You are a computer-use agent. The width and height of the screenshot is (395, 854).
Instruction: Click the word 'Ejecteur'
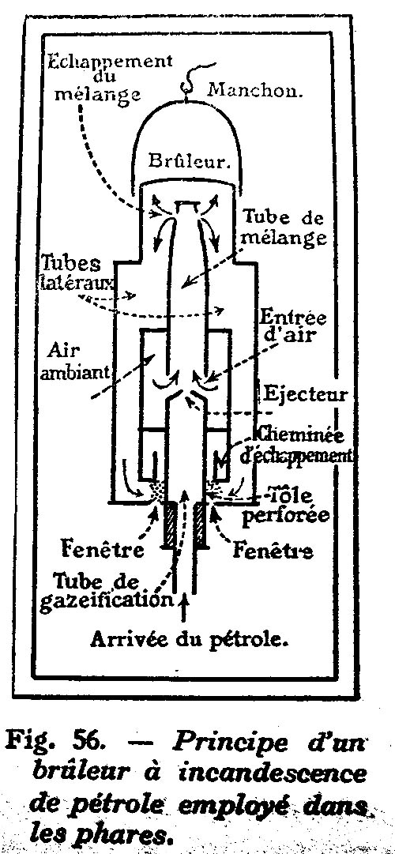coord(305,393)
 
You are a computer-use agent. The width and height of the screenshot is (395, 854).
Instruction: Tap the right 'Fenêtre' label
coord(273,549)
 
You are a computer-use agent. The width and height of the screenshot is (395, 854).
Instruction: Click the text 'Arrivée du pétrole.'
coord(190,639)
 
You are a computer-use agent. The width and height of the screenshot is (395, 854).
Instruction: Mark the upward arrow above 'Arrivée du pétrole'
coord(183,608)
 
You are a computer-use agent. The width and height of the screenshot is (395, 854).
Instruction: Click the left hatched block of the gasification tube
coord(169,525)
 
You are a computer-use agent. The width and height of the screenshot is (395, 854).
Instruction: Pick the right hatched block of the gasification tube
coord(201,525)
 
